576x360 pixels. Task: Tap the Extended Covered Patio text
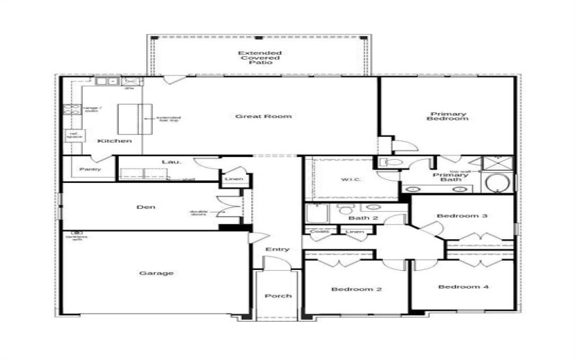[260, 58]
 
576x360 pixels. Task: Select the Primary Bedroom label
[449, 116]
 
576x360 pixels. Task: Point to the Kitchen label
[114, 141]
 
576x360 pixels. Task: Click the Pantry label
[90, 169]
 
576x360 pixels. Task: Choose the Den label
[145, 207]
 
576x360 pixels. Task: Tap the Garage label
[156, 273]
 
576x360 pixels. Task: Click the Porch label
[277, 296]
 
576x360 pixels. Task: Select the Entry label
[277, 249]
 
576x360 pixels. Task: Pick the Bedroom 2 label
[356, 289]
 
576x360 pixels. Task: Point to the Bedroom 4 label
[464, 287]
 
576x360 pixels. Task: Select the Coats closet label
[318, 232]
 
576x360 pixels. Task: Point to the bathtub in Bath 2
[317, 214]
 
